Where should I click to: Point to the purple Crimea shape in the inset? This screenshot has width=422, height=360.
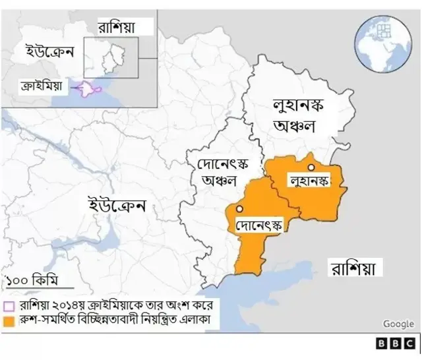point(88,90)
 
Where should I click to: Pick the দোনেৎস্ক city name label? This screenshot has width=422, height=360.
point(259,225)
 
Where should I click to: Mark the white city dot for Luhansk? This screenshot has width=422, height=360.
point(310,167)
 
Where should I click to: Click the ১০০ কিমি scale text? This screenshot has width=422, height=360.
point(30,281)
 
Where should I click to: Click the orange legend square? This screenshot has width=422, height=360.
point(9,321)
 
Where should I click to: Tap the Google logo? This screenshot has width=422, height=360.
point(398,324)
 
